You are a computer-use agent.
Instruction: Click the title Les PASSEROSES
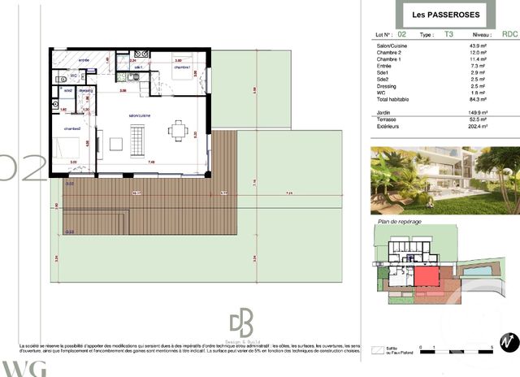[x=440, y=15]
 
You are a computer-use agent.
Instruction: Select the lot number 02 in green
[x=401, y=35]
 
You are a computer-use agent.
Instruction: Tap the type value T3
[x=449, y=35]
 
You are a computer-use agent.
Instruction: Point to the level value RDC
[x=509, y=35]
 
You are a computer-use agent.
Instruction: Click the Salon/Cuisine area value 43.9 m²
[x=479, y=46]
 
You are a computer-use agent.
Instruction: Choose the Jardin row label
[x=379, y=113]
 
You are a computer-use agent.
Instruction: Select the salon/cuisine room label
[x=139, y=115]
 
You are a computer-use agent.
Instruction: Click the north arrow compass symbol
[x=509, y=342]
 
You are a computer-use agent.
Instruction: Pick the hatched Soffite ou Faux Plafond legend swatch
[x=379, y=349]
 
